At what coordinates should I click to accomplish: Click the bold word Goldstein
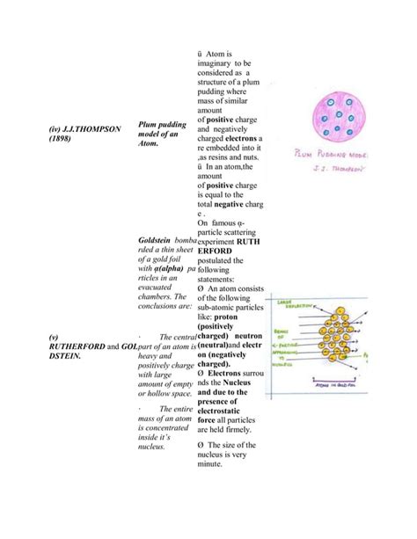click(x=156, y=239)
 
